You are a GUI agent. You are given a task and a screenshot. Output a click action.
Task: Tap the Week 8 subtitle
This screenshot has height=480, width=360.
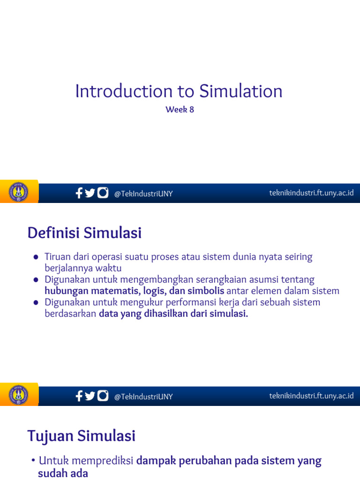[x=180, y=110]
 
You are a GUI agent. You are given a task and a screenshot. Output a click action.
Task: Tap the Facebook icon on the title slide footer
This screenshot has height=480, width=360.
[x=79, y=193]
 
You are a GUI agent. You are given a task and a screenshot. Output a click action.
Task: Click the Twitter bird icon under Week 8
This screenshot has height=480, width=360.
[x=90, y=193]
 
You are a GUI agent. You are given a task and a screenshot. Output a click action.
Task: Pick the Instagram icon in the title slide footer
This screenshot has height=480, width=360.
[x=103, y=193]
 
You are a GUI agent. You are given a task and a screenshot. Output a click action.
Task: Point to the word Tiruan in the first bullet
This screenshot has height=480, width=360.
[x=58, y=257]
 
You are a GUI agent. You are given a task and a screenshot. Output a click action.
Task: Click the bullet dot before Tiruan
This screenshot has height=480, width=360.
[x=36, y=257]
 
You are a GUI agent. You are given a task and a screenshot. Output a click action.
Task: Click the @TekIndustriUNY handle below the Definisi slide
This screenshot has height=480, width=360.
[x=143, y=397]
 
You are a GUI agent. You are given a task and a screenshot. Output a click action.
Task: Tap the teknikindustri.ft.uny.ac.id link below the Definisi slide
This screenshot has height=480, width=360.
[x=311, y=396]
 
